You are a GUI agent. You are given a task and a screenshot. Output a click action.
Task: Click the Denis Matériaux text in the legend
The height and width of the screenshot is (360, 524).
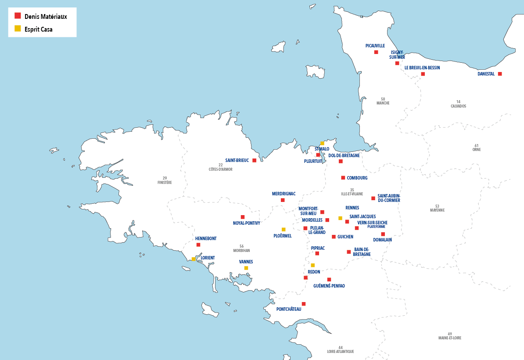click(x=45, y=16)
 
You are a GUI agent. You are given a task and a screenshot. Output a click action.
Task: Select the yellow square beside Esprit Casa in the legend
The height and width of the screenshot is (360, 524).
click(x=18, y=29)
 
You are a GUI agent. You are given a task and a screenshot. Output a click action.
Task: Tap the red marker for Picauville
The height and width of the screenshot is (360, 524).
click(x=376, y=52)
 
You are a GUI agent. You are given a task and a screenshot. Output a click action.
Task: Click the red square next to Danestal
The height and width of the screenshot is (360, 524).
click(x=500, y=74)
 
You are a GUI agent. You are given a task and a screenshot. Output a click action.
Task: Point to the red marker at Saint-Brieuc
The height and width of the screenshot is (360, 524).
click(x=254, y=160)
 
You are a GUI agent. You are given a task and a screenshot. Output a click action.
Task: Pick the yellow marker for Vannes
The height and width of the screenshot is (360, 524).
click(x=246, y=268)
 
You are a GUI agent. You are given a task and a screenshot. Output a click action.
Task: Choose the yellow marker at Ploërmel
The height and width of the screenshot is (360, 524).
click(x=284, y=229)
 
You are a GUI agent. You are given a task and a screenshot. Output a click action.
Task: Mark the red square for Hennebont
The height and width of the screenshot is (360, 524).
click(x=198, y=245)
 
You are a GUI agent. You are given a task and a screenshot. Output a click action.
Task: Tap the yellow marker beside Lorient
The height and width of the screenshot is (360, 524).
click(x=194, y=259)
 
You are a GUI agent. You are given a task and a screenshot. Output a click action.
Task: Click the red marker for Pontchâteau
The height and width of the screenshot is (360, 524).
click(x=303, y=304)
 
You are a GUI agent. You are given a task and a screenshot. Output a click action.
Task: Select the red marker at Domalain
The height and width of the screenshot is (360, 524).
click(x=383, y=234)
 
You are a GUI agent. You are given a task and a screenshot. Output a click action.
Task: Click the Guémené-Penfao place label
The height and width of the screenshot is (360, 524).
click(x=329, y=286)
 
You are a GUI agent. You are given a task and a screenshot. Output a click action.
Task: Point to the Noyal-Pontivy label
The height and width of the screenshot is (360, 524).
click(x=247, y=223)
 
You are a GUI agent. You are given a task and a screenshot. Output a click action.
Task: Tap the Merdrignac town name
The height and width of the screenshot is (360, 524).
click(x=284, y=194)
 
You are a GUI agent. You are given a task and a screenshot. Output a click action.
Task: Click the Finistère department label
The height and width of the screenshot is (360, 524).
click(x=165, y=180)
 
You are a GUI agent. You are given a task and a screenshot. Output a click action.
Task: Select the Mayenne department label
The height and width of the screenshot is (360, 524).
click(x=437, y=208)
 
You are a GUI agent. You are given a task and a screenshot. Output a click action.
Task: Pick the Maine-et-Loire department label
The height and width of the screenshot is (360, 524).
click(x=450, y=336)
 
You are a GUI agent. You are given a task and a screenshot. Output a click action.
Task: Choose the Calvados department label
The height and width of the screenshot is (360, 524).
click(x=458, y=104)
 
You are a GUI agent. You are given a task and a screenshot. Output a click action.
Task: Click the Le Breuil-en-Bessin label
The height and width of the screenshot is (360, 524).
click(x=422, y=68)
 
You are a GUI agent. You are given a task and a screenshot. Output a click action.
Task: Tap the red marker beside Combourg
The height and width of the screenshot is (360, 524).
click(x=343, y=178)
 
